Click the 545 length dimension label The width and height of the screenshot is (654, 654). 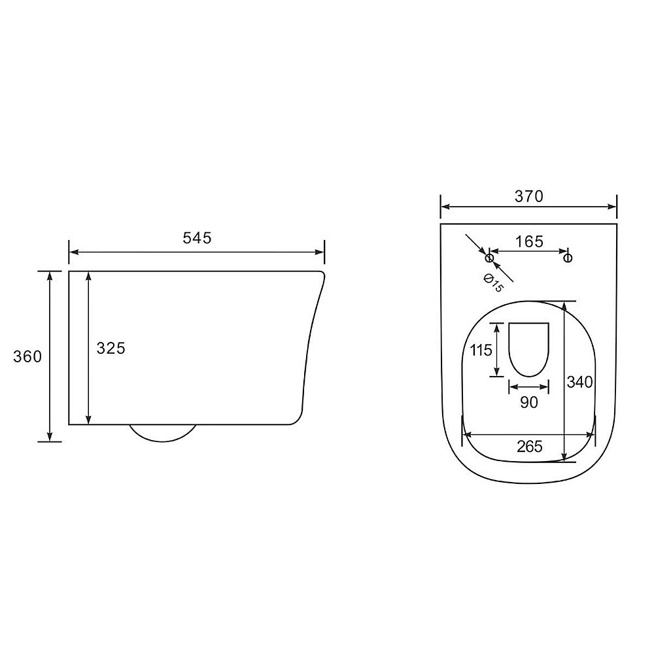[x=197, y=238]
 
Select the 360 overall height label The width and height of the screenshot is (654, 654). [x=27, y=356]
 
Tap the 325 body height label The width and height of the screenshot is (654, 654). [x=111, y=348]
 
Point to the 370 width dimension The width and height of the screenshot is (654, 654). [x=529, y=196]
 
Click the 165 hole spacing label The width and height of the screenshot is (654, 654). [x=529, y=241]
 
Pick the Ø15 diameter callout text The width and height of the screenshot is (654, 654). [x=493, y=283]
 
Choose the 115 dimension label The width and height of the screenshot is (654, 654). [x=481, y=350]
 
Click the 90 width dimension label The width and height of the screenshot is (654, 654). [x=529, y=402]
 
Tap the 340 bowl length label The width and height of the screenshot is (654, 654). [x=579, y=382]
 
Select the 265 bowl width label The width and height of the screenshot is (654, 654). [x=530, y=446]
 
